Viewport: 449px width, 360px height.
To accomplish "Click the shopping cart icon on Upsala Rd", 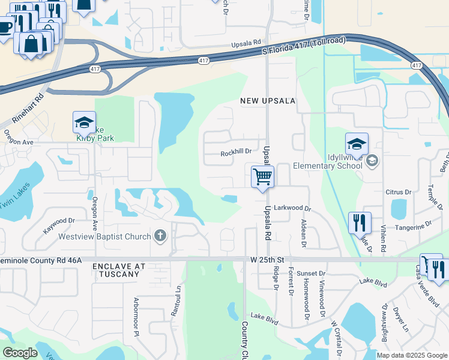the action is coord(262,177).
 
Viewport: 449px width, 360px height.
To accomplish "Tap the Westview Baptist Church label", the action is coord(104,236).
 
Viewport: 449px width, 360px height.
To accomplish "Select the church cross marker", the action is coord(160,235).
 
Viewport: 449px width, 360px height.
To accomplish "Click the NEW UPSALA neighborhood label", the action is coord(268,101).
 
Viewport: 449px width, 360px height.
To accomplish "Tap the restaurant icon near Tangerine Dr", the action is coord(360,223).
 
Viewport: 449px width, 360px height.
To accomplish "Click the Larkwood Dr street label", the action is coord(292,208).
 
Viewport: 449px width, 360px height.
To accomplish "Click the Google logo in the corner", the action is coord(20,353).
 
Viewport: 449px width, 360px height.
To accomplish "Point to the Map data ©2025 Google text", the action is coord(412,355).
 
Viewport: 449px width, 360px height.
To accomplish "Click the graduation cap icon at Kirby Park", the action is coord(84,123).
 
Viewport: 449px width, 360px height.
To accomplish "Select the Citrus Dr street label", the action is coord(398,192).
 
